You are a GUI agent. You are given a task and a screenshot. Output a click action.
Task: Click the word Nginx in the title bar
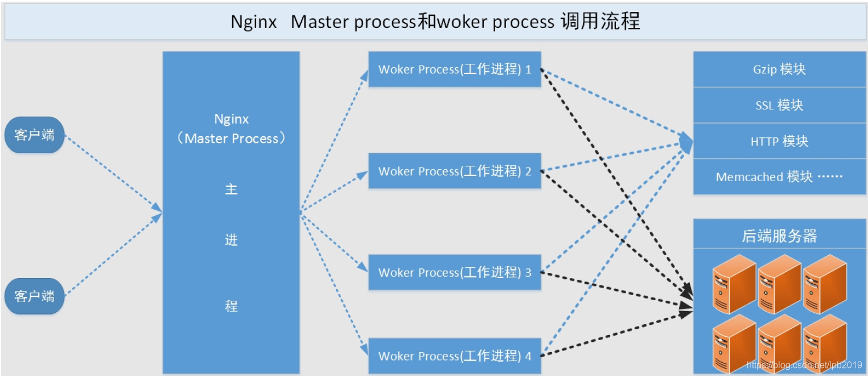tap(254, 22)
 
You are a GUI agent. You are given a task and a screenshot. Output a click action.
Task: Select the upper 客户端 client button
tap(35, 135)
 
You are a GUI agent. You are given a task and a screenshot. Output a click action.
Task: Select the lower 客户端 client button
tap(35, 296)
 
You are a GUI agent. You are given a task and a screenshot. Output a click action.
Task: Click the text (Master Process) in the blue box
tap(231, 138)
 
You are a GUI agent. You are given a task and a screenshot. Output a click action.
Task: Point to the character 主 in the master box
tap(231, 189)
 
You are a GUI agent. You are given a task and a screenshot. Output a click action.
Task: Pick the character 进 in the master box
tap(231, 240)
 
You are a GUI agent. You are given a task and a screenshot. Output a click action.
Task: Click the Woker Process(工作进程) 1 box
tap(454, 70)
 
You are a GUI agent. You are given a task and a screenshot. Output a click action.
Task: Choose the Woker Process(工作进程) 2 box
tap(454, 171)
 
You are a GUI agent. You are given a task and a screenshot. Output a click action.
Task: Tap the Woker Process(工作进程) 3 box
tap(454, 272)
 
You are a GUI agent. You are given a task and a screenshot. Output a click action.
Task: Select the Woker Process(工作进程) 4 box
tap(454, 356)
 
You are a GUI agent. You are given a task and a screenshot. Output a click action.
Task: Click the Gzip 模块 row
tap(779, 70)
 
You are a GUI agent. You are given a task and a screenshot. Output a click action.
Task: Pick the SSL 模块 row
tap(779, 105)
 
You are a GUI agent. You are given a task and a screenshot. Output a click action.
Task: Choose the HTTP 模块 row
tap(779, 141)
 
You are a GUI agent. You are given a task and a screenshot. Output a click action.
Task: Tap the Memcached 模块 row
tap(779, 177)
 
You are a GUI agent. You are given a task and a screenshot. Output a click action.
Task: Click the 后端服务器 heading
tap(779, 236)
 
